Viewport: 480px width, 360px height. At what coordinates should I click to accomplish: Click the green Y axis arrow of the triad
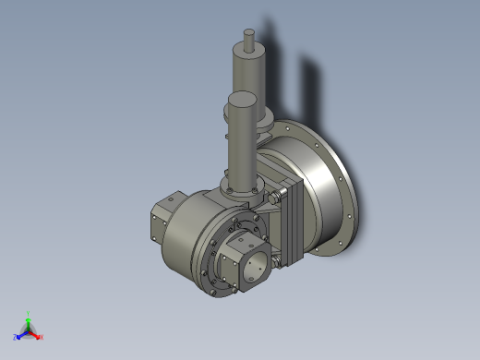pyautogui.click(x=29, y=319)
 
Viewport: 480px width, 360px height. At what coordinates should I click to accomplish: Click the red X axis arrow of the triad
pyautogui.click(x=36, y=334)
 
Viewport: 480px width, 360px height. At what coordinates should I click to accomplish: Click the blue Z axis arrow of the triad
pyautogui.click(x=22, y=334)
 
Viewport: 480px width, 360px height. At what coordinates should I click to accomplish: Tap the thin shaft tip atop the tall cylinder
pyautogui.click(x=248, y=38)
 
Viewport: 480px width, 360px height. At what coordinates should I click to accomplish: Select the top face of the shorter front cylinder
pyautogui.click(x=242, y=98)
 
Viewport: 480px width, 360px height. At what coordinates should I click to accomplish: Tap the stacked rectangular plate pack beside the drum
pyautogui.click(x=294, y=222)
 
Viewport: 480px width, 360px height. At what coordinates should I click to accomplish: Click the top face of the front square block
pyautogui.click(x=244, y=242)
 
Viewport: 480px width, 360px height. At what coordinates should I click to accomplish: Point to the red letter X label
pyautogui.click(x=42, y=337)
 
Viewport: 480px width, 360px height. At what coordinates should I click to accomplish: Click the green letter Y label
pyautogui.click(x=29, y=313)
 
